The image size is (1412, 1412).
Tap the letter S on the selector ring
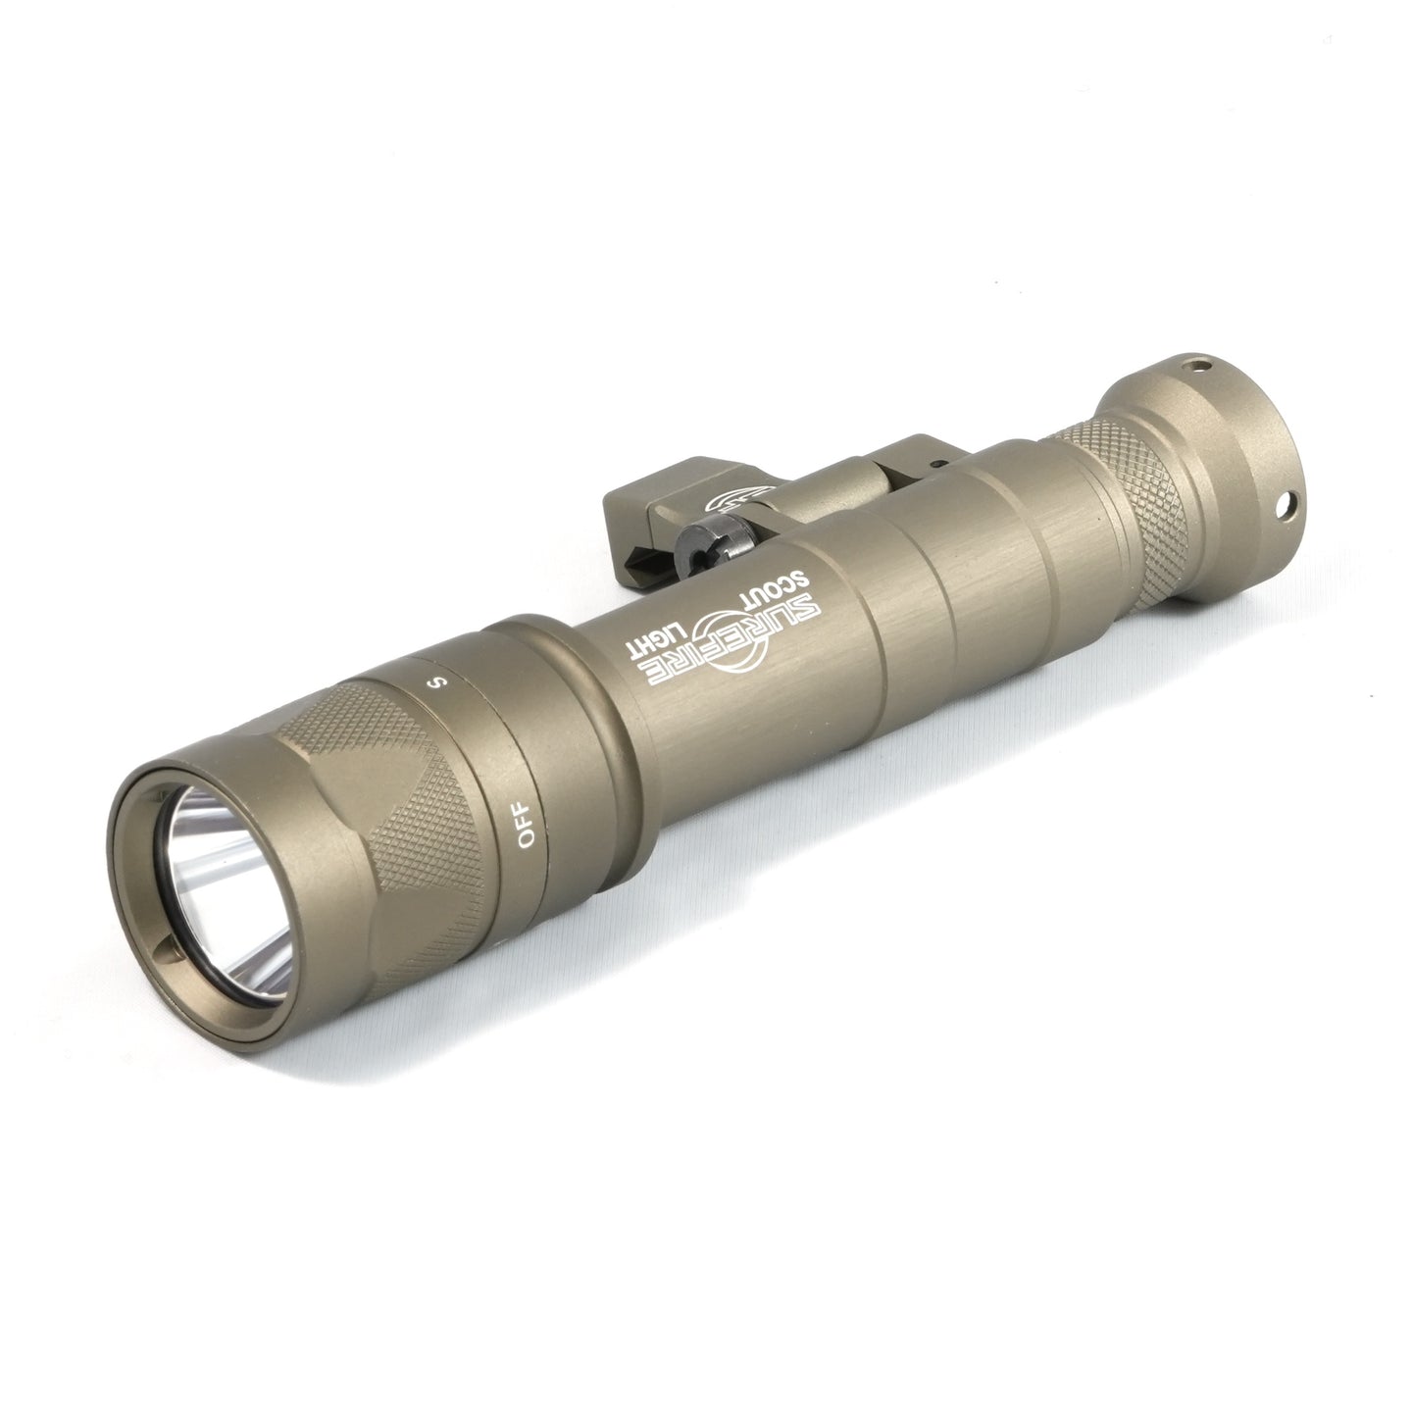tap(439, 681)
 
